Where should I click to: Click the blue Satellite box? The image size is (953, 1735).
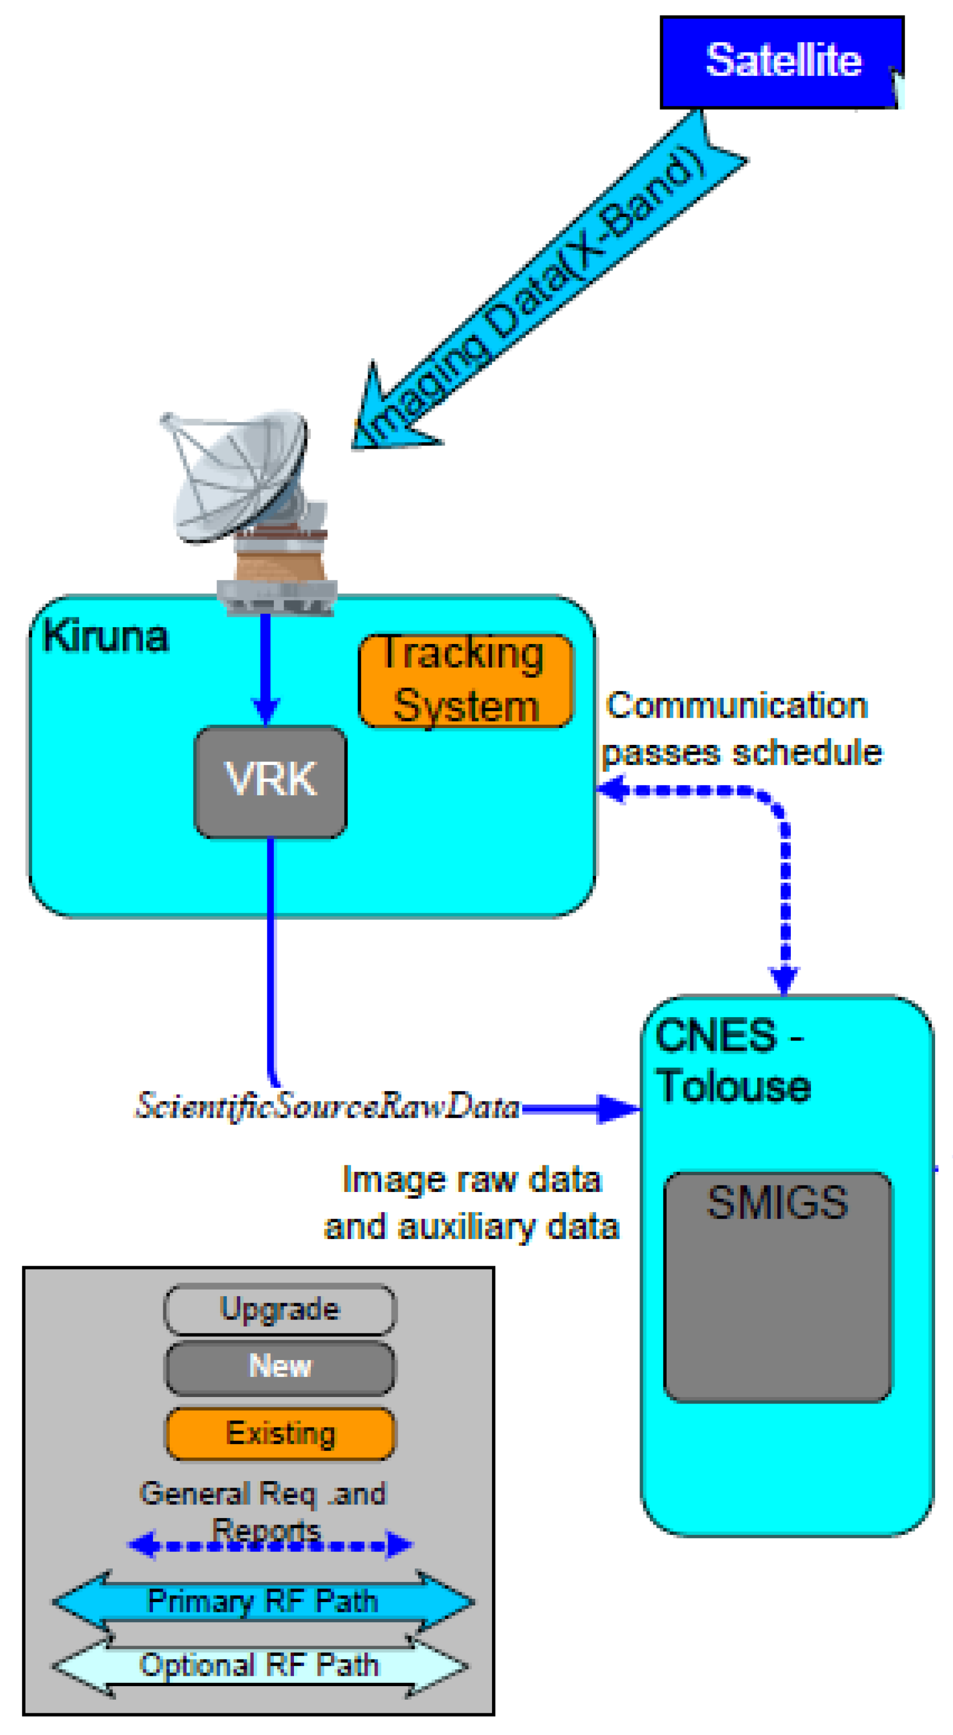[x=781, y=62]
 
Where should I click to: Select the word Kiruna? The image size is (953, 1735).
[x=106, y=636]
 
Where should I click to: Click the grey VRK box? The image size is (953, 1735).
[x=270, y=781]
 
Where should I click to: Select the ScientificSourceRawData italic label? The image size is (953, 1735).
[x=328, y=1106]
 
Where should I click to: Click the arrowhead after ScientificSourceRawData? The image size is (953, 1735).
[x=616, y=1108]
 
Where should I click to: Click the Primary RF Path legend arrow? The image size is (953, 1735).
[x=263, y=1602]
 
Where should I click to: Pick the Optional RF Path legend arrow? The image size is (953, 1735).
[x=259, y=1666]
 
